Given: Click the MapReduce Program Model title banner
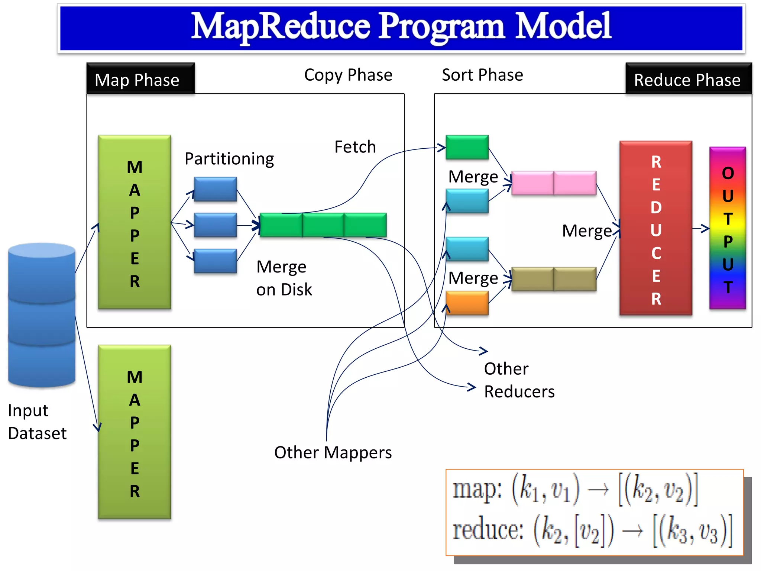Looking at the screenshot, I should pyautogui.click(x=401, y=28).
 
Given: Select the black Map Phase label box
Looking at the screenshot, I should pyautogui.click(x=140, y=79).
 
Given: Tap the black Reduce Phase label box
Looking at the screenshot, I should pyautogui.click(x=688, y=79).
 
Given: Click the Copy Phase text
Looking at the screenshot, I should pyautogui.click(x=348, y=75).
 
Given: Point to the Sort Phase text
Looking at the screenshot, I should pyautogui.click(x=482, y=75).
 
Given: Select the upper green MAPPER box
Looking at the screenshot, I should pyautogui.click(x=135, y=222).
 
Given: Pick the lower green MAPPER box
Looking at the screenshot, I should pyautogui.click(x=135, y=432).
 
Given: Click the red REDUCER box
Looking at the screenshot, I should pyautogui.click(x=656, y=228).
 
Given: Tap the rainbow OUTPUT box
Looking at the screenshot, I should pyautogui.click(x=728, y=228).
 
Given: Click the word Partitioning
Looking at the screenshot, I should pyautogui.click(x=229, y=159).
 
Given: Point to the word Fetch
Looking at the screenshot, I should pyautogui.click(x=355, y=147).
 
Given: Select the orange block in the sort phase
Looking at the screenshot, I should pyautogui.click(x=467, y=303).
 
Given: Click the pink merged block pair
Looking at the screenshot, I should pyautogui.click(x=554, y=183).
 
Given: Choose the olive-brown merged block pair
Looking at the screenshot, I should pyautogui.click(x=554, y=279).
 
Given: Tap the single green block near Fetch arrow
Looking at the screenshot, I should pyautogui.click(x=467, y=147).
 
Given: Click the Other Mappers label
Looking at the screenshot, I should pyautogui.click(x=333, y=453).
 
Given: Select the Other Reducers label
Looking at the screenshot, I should pyautogui.click(x=519, y=380).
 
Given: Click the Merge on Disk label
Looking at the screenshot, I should pyautogui.click(x=284, y=278).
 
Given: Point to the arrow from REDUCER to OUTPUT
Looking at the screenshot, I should pyautogui.click(x=701, y=228).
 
